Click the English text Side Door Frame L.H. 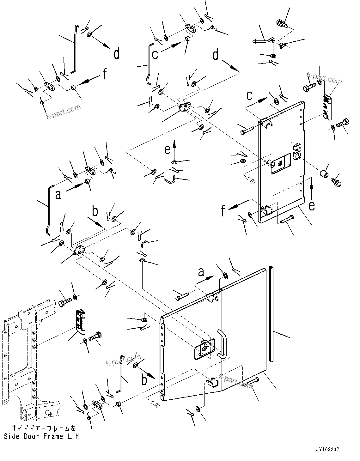[x=42, y=437]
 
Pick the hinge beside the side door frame [x=81, y=322]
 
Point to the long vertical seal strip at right [x=272, y=313]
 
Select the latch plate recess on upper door [x=281, y=164]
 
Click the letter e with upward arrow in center [x=168, y=149]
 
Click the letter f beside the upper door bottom [x=223, y=210]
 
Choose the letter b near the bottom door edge [x=144, y=380]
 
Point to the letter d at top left [x=117, y=54]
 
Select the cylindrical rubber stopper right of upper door [x=324, y=174]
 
